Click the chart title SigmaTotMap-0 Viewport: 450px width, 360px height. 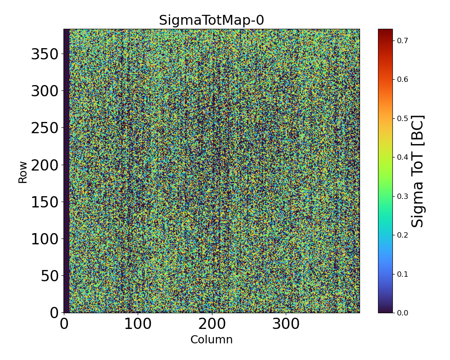tap(211, 20)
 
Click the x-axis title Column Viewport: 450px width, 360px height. tap(211, 340)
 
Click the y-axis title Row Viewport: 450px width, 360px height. tap(22, 172)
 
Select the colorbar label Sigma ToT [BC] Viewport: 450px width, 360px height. tap(418, 171)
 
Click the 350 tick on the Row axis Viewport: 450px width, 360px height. tap(45, 54)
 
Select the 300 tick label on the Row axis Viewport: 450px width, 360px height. tap(45, 91)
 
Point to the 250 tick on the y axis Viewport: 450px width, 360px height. tap(45, 128)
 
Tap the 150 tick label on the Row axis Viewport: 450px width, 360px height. tap(45, 202)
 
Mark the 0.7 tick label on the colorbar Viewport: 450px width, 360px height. tap(403, 40)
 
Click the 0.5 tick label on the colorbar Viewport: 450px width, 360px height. tap(403, 118)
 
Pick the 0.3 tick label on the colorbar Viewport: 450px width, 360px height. tap(403, 196)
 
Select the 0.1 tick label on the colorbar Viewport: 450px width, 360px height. tap(403, 274)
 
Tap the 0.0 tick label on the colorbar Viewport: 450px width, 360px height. tap(403, 313)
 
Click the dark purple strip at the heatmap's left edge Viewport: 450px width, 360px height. tap(67, 171)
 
